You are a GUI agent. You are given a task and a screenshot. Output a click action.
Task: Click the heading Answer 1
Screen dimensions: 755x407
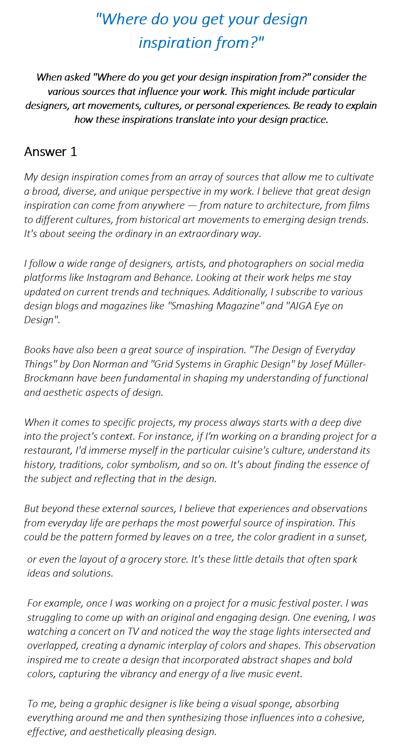pos(50,152)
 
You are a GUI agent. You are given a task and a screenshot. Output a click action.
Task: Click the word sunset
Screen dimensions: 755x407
pos(351,537)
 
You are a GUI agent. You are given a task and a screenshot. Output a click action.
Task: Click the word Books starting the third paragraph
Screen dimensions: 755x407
pos(37,350)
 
